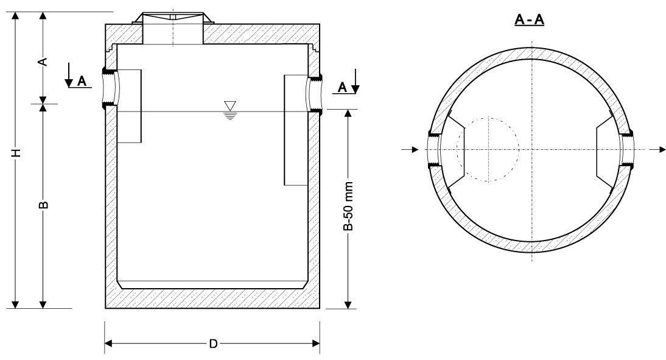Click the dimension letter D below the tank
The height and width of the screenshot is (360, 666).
pos(213,344)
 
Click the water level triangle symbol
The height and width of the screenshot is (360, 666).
pos(230,105)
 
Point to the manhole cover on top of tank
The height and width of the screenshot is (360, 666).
pos(173,18)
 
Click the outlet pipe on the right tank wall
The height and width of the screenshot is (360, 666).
pos(315,93)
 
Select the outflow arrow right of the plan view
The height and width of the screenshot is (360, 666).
pos(654,149)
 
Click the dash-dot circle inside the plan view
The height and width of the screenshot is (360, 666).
pos(487,149)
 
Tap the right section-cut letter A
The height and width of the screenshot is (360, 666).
pos(343,88)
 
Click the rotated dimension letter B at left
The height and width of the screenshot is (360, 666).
pos(43,205)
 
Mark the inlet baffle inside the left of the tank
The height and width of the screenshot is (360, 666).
pos(129,107)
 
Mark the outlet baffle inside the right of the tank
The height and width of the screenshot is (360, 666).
pos(296,129)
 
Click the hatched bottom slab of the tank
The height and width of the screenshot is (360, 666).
pos(212,298)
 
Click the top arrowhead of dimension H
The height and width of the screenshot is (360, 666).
pos(17,15)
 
